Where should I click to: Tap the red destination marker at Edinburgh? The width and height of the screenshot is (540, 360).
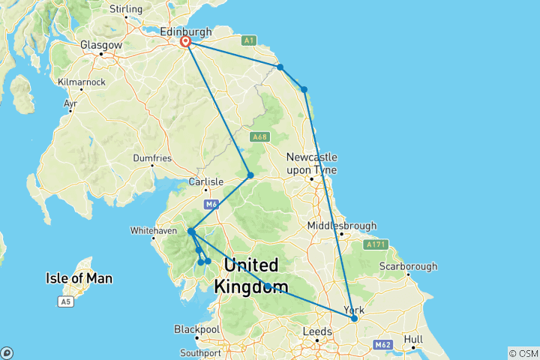pos(184,43)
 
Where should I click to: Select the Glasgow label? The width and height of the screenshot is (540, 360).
pos(101,45)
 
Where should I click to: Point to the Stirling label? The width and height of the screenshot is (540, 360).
pos(126,9)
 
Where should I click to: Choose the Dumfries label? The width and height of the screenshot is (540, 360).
pos(153,158)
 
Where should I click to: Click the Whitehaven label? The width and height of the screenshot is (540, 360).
pos(154,230)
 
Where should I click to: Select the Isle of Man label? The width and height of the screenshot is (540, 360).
pos(79,279)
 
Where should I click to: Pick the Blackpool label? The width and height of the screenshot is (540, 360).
pos(196,329)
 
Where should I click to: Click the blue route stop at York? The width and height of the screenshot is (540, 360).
pos(355,319)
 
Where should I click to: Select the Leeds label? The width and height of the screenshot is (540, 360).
pos(317,331)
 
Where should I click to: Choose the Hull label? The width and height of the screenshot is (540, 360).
pos(413,338)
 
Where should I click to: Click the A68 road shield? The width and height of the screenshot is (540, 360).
pos(259,136)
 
